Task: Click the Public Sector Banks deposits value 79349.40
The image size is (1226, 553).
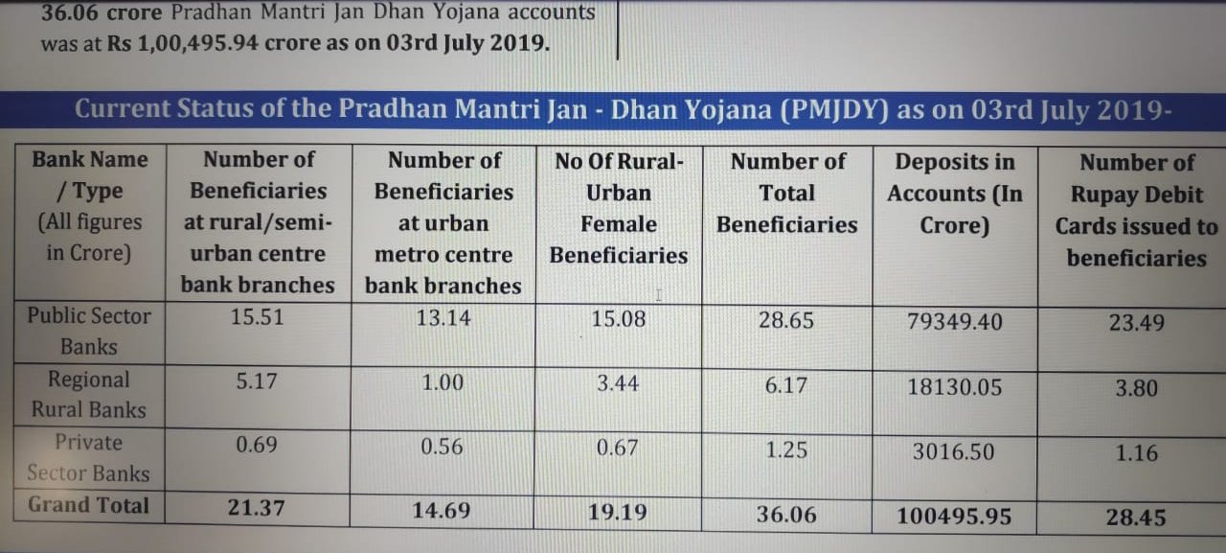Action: (x=954, y=321)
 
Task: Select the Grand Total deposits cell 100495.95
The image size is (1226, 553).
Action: (x=954, y=517)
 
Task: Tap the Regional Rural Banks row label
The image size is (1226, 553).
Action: (x=88, y=394)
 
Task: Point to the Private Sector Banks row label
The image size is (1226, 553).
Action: (x=88, y=457)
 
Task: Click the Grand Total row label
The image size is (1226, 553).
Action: (x=88, y=505)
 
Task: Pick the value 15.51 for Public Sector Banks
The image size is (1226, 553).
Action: (x=257, y=317)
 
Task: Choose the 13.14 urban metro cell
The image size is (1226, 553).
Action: (x=443, y=318)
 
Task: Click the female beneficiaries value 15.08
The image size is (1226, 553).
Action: (x=618, y=318)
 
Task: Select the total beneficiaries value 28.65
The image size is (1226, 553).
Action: (x=786, y=320)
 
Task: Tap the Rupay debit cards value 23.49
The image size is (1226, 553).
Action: (x=1137, y=323)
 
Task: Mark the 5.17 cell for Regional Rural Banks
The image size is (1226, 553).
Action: (x=257, y=381)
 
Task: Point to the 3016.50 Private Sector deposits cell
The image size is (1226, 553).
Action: (x=953, y=451)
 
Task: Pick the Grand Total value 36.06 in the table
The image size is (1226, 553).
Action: (x=786, y=515)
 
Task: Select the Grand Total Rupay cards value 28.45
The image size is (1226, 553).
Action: (x=1136, y=518)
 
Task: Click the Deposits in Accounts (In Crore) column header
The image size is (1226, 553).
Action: (x=954, y=193)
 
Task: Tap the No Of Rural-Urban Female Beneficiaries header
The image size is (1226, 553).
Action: (x=618, y=208)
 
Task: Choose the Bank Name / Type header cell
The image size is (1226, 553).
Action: (x=89, y=206)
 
